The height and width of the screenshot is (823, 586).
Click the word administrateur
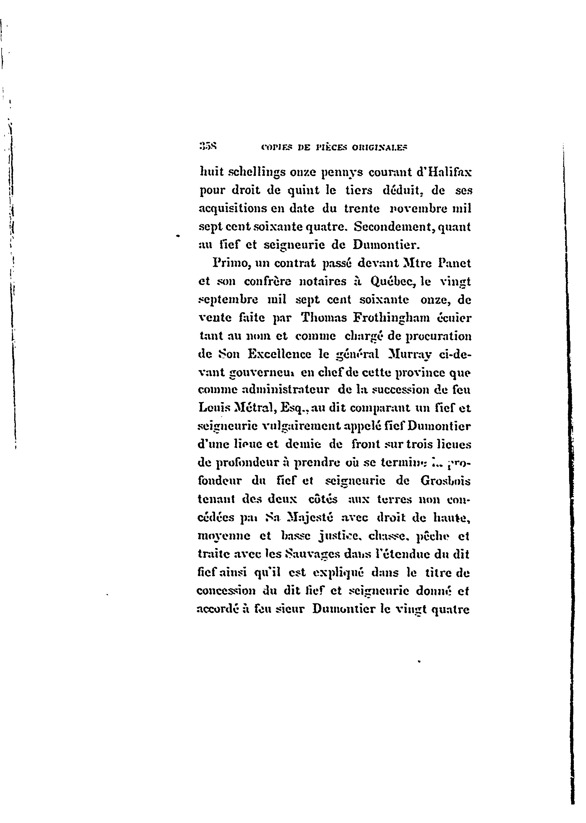(x=285, y=390)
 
